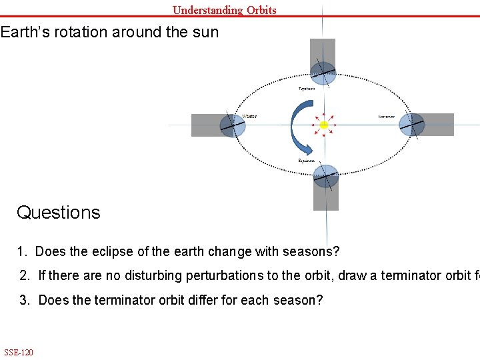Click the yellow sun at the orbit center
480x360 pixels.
324,125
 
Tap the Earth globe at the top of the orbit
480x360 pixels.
324,72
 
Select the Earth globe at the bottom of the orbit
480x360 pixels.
326,177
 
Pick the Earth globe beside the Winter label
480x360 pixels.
233,125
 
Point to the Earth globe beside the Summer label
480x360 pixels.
412,125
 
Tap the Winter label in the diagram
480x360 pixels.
249,116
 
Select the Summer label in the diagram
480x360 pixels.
387,117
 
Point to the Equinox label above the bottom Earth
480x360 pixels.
306,161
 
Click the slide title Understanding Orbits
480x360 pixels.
224,9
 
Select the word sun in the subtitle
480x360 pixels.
204,32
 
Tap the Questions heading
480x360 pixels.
59,213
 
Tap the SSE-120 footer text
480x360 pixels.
18,352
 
